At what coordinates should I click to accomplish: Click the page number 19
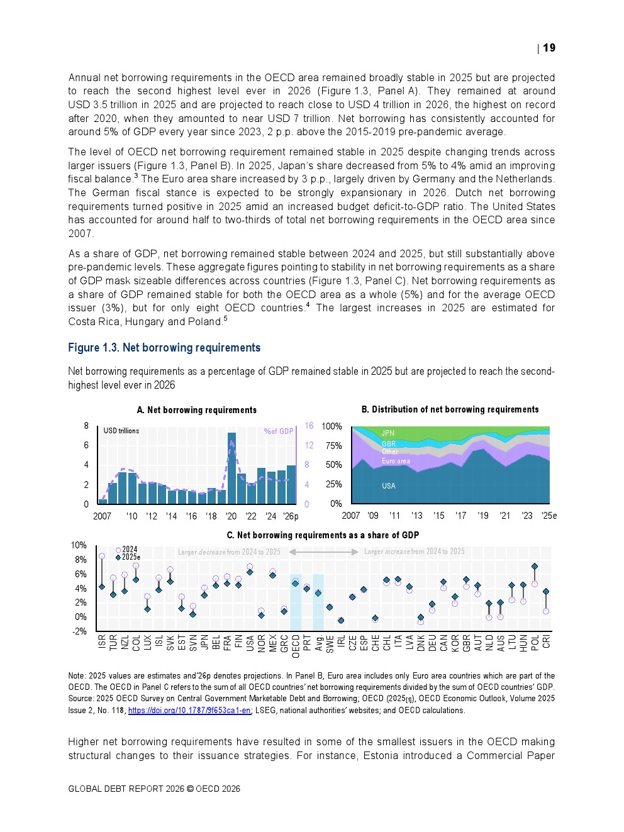(549, 48)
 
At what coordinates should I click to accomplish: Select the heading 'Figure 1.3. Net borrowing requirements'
(164, 348)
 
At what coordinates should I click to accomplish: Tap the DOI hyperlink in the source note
(189, 711)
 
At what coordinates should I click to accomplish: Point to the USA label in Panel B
(389, 486)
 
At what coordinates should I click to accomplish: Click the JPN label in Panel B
(388, 433)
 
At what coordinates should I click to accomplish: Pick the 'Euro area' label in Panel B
(396, 461)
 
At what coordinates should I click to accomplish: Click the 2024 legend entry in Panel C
(129, 549)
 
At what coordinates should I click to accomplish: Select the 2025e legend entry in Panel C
(130, 557)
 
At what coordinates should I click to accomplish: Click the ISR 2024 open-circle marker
(102, 556)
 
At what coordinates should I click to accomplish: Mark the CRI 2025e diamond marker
(546, 592)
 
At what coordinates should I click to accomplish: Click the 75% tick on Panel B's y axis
(333, 446)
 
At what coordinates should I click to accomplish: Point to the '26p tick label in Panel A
(291, 516)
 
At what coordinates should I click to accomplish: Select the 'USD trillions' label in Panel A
(121, 431)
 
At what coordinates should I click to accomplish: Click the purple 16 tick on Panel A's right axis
(309, 426)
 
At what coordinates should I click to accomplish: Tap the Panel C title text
(323, 535)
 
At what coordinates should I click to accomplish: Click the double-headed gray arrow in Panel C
(323, 552)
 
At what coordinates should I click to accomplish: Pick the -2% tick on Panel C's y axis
(79, 631)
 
